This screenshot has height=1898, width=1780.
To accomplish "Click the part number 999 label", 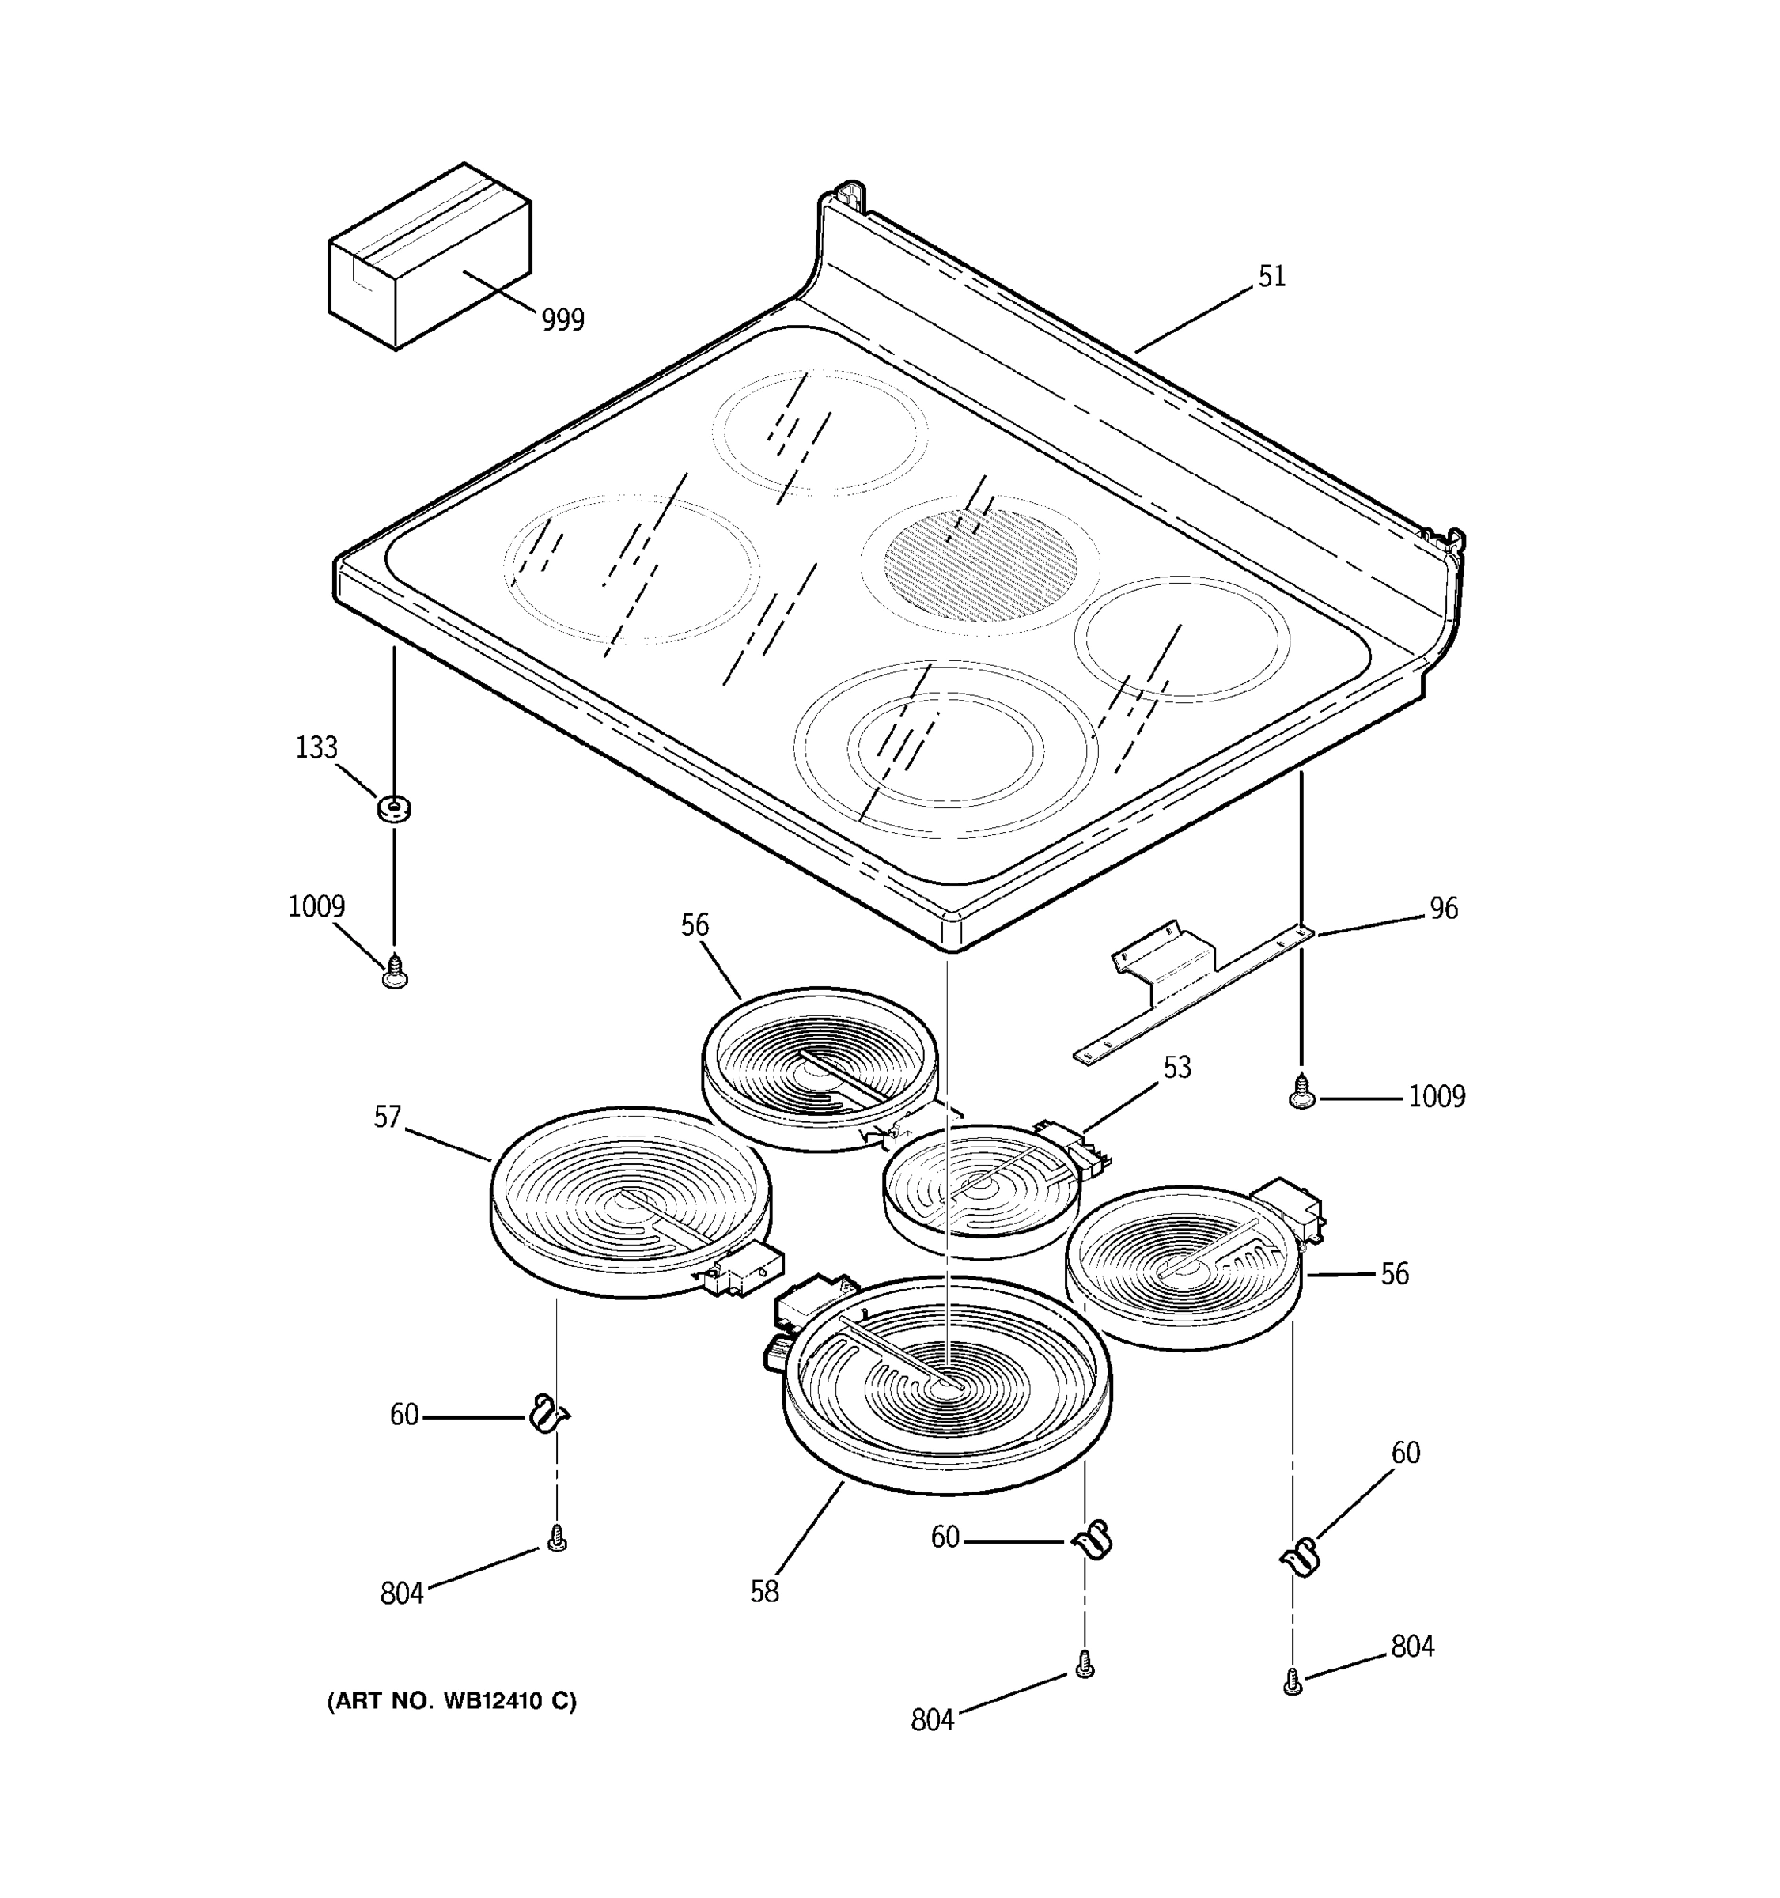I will pyautogui.click(x=562, y=319).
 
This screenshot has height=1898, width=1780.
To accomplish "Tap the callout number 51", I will pyautogui.click(x=1271, y=277).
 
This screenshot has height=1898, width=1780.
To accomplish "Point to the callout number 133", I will pyautogui.click(x=316, y=747).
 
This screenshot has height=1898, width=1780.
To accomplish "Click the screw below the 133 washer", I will pyautogui.click(x=395, y=974).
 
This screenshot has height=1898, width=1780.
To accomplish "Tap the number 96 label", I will pyautogui.click(x=1443, y=908).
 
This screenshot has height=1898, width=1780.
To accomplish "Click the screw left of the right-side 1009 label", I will pyautogui.click(x=1301, y=1092).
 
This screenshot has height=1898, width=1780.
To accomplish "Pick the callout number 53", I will pyautogui.click(x=1176, y=1068).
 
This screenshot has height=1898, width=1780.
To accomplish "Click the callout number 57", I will pyautogui.click(x=387, y=1117).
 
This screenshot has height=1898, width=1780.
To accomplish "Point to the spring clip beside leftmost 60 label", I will pyautogui.click(x=548, y=1414).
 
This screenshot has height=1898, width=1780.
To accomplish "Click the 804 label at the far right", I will pyautogui.click(x=1411, y=1647).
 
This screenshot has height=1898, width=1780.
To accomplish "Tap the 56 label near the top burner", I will pyautogui.click(x=695, y=925).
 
